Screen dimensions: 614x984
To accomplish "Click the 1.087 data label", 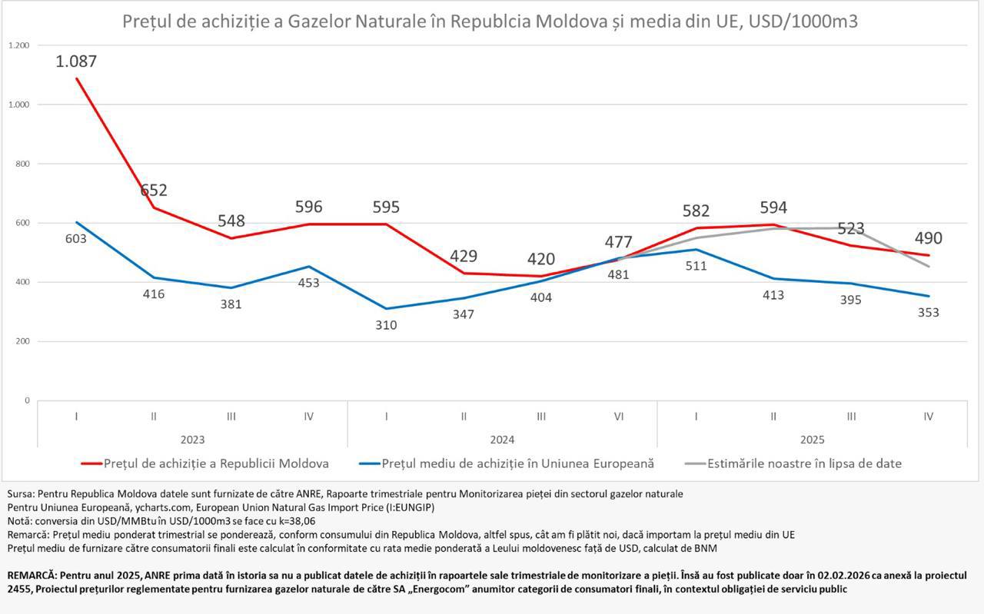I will (76, 61).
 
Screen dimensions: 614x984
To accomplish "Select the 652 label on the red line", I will (154, 191).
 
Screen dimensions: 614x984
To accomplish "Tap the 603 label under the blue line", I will (75, 239).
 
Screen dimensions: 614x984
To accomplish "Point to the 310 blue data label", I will (386, 325).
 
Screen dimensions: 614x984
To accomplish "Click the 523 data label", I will (851, 229).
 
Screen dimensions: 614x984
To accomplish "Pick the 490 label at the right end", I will (928, 238).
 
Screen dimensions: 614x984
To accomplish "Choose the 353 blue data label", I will (928, 313).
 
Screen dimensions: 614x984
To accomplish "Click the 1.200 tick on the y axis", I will (19, 45).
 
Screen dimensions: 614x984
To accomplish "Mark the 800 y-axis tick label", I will (22, 164).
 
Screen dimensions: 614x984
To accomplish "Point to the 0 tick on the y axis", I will (26, 400).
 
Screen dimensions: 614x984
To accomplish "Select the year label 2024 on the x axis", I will (502, 440).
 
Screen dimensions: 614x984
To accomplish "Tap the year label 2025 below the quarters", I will (812, 440).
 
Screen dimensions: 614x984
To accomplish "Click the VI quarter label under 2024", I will (618, 417).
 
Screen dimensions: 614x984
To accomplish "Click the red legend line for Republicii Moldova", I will (91, 464).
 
